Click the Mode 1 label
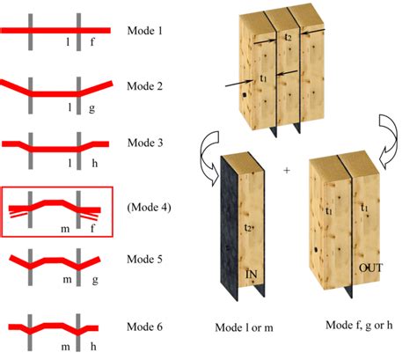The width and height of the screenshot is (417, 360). point(144,31)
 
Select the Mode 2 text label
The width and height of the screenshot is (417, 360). point(144,86)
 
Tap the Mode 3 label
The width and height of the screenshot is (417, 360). point(145,143)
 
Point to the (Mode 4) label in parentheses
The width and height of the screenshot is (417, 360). point(149,208)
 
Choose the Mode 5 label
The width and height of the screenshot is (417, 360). point(144,260)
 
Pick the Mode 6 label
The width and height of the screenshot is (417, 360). point(144,327)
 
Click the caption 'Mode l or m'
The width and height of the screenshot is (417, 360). point(244,327)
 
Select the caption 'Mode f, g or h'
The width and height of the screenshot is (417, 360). point(359,325)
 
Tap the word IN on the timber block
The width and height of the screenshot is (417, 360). point(252,274)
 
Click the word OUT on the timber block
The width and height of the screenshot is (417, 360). point(371,268)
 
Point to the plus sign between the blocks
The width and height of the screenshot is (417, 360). point(287,170)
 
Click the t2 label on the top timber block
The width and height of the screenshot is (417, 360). point(288,37)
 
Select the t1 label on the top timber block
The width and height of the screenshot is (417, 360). point(263,78)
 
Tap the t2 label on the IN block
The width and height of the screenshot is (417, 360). point(248,227)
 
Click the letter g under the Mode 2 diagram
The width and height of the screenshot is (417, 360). point(91,109)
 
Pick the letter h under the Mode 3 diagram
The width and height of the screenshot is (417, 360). point(94,163)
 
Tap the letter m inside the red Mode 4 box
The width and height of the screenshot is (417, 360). point(65,229)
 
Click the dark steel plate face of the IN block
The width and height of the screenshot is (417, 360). point(230,229)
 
